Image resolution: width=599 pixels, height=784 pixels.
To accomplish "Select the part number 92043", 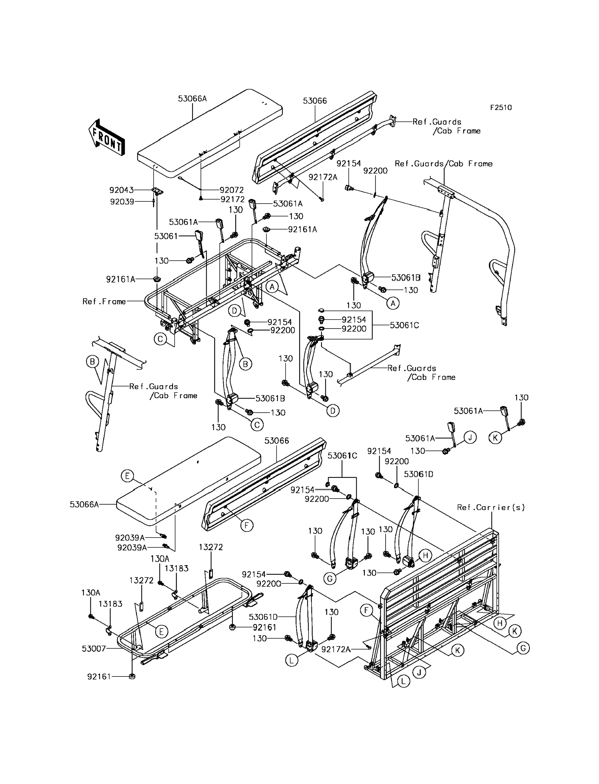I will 121,191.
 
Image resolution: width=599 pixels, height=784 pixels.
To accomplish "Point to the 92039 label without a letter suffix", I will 122,202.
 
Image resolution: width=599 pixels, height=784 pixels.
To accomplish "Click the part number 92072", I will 232,190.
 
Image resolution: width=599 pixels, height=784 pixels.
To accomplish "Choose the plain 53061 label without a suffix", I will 166,236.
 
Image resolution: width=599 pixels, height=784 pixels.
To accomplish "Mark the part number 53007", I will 94,649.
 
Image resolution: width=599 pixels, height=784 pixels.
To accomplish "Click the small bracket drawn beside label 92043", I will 157,192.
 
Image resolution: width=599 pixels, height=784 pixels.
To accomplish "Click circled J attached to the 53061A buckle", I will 470,437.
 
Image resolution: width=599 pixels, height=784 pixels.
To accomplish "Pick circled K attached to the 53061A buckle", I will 495,438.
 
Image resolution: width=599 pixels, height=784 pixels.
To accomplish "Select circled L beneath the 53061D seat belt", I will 292,661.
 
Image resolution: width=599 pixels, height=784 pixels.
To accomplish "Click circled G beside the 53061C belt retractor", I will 330,579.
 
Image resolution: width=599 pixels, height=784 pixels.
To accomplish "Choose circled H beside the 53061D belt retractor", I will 425,555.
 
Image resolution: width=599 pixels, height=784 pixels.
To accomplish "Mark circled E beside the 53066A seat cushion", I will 127,476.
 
